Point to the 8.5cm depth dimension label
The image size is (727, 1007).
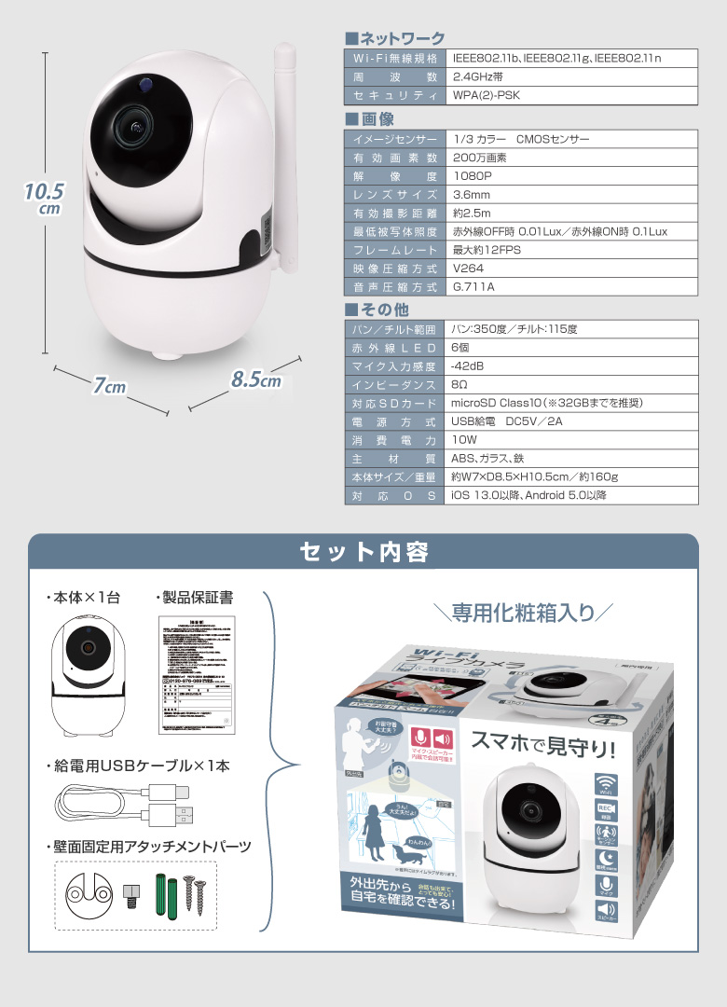[x=255, y=380]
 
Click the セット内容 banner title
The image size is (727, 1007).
[x=363, y=552]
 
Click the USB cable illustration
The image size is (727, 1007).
[x=126, y=804]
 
